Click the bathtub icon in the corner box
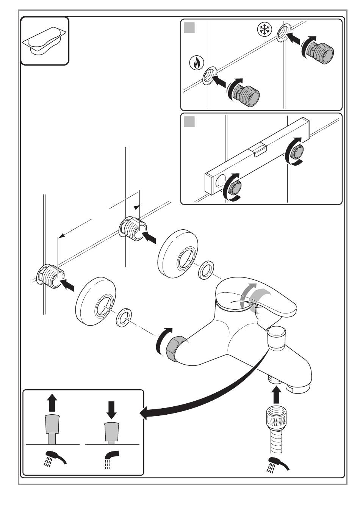[x=44, y=41]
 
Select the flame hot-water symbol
[x=196, y=63]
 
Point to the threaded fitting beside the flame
[x=246, y=93]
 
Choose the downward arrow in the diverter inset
[x=111, y=409]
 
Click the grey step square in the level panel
[x=189, y=122]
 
